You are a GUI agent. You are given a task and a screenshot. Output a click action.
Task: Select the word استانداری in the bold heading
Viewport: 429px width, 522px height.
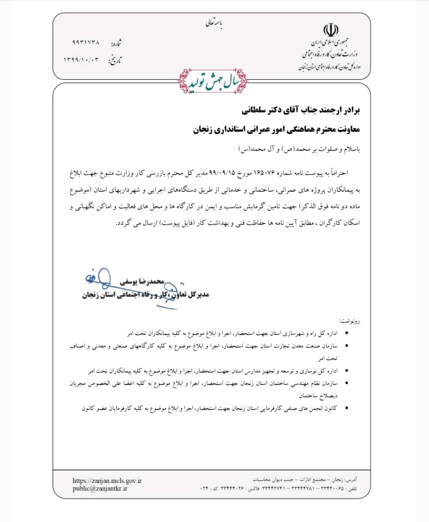[x=226, y=129]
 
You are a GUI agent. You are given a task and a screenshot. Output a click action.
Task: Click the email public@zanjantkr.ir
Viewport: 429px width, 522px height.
[x=101, y=488]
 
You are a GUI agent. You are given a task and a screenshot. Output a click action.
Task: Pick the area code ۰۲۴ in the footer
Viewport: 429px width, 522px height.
[x=205, y=489]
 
